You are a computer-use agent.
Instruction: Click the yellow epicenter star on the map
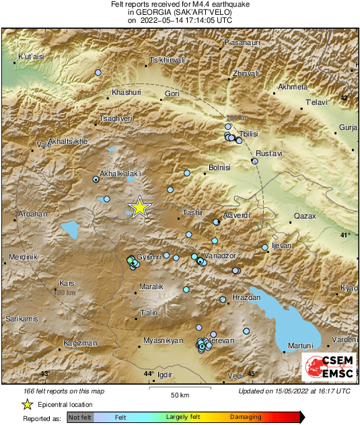click(139, 207)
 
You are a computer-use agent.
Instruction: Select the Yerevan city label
click(221, 341)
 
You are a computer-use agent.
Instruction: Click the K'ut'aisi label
click(31, 56)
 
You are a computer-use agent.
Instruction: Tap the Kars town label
click(67, 283)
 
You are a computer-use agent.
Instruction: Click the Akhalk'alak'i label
click(120, 173)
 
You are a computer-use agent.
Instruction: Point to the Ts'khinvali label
click(167, 61)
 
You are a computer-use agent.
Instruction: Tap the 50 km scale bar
click(179, 389)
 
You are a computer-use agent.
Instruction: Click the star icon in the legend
click(27, 404)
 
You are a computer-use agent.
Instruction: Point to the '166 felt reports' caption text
click(57, 391)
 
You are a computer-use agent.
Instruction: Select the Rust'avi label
click(267, 153)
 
